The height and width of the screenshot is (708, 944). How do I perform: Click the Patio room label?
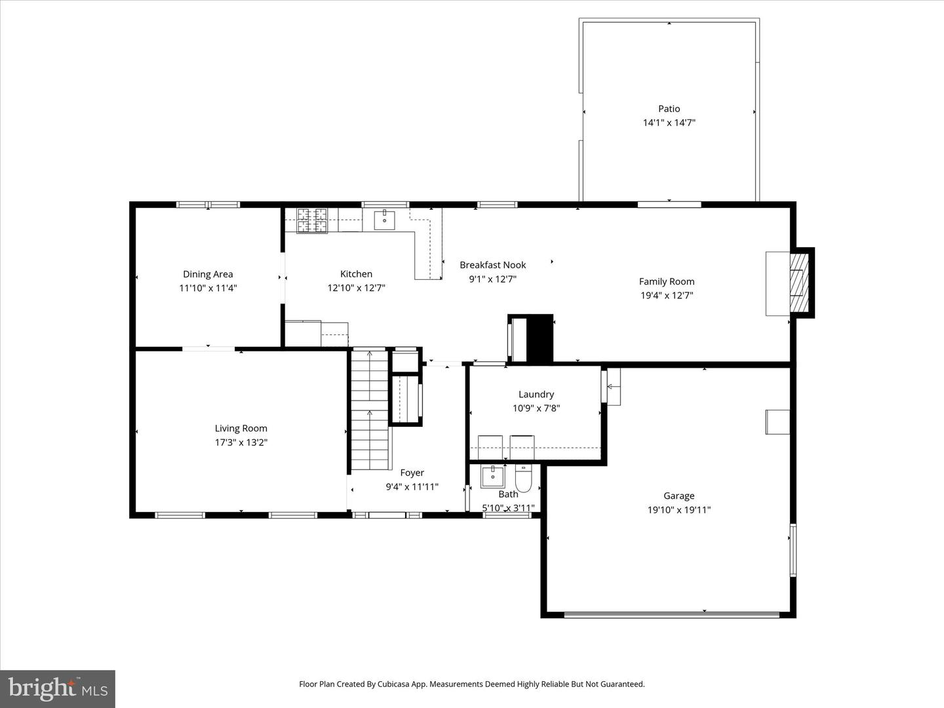point(669,109)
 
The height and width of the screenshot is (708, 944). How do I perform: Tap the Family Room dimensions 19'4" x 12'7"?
point(667,295)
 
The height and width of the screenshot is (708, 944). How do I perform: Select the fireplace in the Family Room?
point(798,283)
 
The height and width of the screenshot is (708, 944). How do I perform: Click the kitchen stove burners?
point(312,220)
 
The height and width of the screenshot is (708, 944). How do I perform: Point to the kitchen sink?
point(384,220)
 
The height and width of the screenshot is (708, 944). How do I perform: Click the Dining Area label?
point(208,274)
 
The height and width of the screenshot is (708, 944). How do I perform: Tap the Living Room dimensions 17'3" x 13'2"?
point(241,442)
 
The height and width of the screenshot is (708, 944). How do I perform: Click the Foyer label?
point(412,473)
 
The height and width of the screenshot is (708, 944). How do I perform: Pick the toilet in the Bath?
point(523,479)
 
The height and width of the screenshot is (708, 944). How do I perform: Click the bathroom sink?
point(492,477)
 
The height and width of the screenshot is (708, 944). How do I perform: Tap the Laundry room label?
point(536,394)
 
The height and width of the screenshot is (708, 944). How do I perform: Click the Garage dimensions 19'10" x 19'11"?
point(678,510)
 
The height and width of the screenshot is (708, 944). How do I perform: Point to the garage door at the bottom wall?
point(672,615)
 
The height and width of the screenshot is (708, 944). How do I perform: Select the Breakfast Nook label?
point(493,265)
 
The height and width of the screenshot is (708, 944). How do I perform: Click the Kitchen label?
point(356,274)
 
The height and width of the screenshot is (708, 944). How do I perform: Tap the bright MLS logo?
point(58,688)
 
